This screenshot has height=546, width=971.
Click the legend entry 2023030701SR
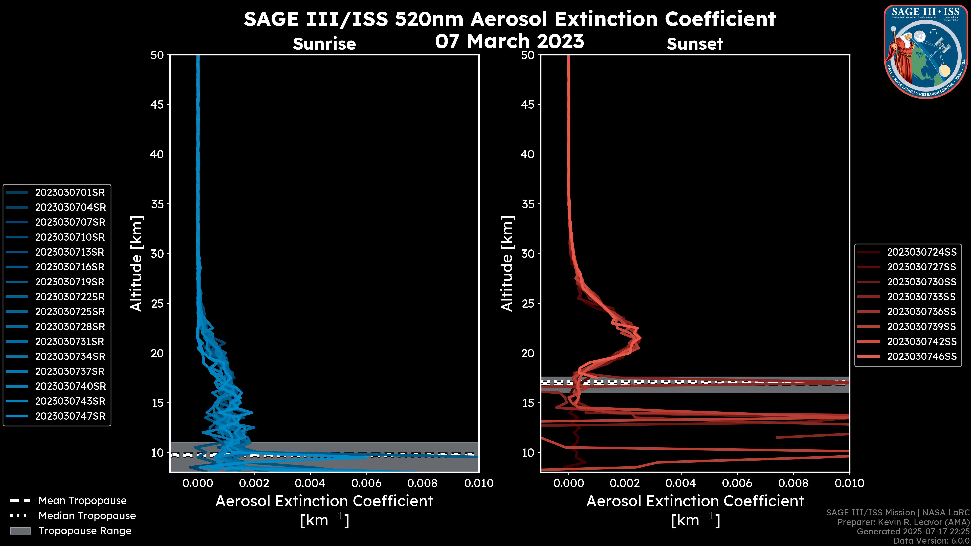pyautogui.click(x=70, y=193)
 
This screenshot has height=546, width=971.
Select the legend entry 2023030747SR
pyautogui.click(x=70, y=416)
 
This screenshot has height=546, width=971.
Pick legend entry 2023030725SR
pyautogui.click(x=70, y=312)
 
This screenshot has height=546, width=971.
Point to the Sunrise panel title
pyautogui.click(x=324, y=44)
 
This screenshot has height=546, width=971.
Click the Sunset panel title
pyautogui.click(x=695, y=44)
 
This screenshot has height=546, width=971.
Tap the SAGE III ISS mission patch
pyautogui.click(x=926, y=52)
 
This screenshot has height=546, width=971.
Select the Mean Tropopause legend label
pyautogui.click(x=82, y=501)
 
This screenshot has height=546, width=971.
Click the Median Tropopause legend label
pyautogui.click(x=87, y=516)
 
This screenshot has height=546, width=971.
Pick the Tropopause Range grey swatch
pyautogui.click(x=20, y=531)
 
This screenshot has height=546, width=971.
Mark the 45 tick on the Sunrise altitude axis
pyautogui.click(x=157, y=105)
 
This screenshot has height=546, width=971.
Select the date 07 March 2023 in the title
pyautogui.click(x=509, y=41)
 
